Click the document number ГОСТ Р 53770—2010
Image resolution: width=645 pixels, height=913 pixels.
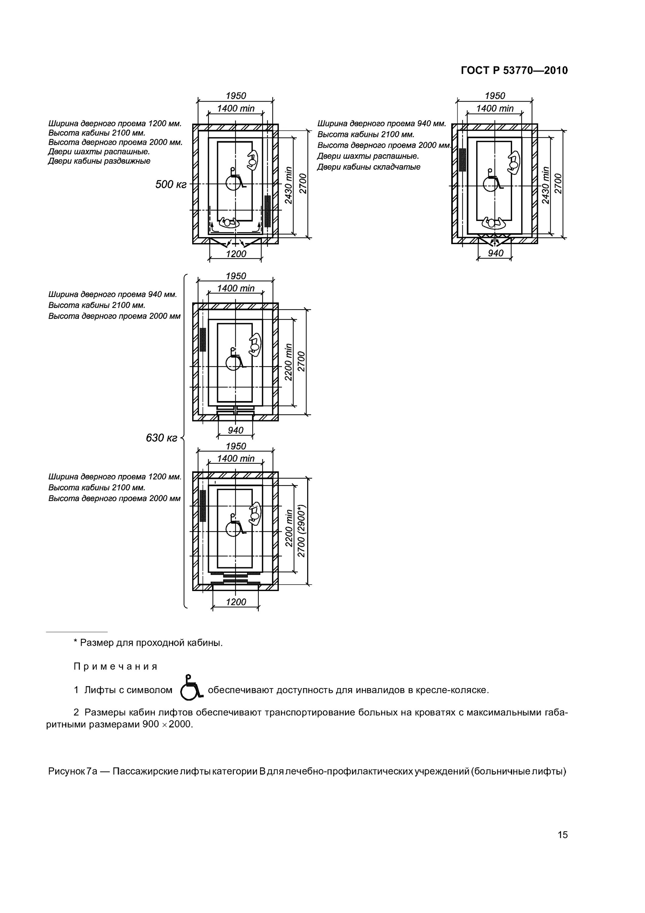[x=514, y=71]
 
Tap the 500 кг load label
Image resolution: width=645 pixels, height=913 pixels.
[x=171, y=184]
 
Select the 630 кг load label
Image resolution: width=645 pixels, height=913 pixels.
[x=161, y=438]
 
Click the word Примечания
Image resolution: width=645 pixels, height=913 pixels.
[x=116, y=666]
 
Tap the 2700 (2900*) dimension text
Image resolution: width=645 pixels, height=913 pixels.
[x=301, y=531]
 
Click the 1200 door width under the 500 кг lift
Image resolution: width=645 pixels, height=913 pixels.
[x=236, y=254]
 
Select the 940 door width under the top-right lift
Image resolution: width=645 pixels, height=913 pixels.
[x=495, y=253]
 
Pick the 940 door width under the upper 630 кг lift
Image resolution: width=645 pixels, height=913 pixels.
[x=236, y=430]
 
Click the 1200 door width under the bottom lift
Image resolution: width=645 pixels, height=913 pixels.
[x=236, y=602]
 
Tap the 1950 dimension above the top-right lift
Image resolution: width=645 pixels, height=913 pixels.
[x=495, y=96]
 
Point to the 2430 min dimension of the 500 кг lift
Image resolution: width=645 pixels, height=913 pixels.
[x=289, y=185]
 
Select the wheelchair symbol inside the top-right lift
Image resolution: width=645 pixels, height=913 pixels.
[x=492, y=181]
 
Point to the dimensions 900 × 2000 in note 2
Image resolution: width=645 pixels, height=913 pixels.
[x=167, y=725]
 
